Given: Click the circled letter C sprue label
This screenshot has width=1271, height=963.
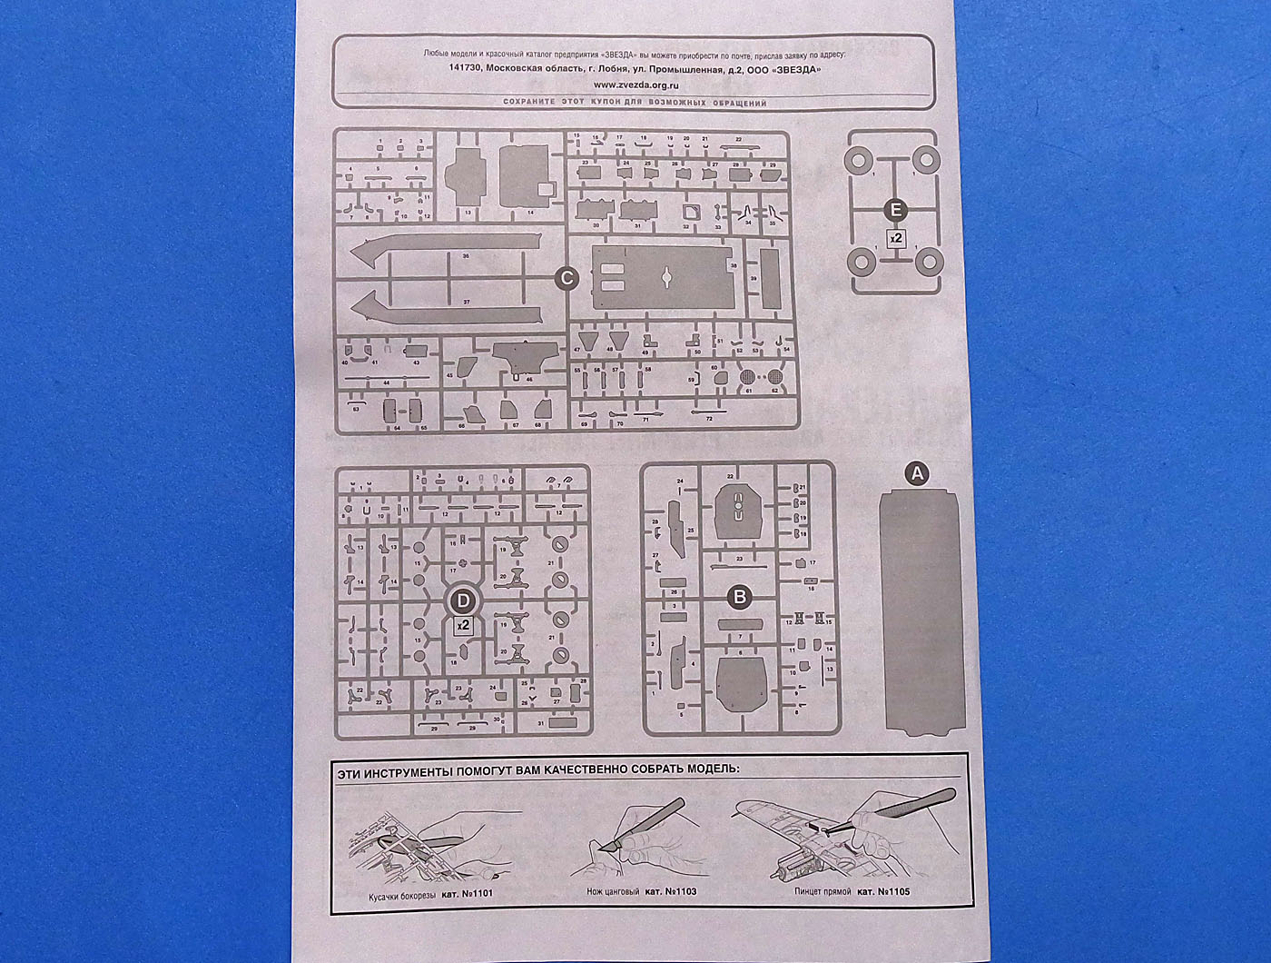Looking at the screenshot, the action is (x=566, y=279).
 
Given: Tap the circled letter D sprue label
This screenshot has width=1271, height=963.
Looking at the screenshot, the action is (x=463, y=600).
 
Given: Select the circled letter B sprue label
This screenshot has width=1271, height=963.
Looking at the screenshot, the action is (x=740, y=597).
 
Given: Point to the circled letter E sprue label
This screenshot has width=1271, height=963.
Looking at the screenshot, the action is (x=896, y=211).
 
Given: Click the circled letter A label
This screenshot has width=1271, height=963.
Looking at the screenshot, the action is (x=917, y=472).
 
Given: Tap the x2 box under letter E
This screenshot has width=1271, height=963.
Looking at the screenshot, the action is (x=896, y=238).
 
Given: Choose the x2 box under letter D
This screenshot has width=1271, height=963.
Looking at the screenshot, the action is (x=463, y=625).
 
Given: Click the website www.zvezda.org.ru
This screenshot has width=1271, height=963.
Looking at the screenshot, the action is (x=635, y=84).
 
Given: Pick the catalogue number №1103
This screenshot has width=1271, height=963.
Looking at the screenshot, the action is (x=678, y=892).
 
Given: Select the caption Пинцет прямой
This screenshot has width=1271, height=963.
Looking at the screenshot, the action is (x=822, y=891).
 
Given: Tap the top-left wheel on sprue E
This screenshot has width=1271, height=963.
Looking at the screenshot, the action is (x=858, y=161).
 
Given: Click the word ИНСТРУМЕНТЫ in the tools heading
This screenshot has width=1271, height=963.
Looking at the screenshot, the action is (x=413, y=770).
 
